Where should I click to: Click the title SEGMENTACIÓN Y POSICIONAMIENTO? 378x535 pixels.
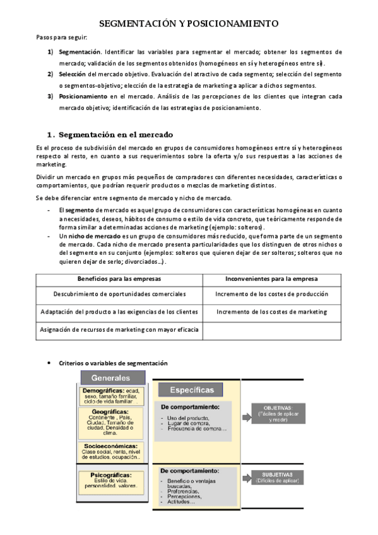[189, 23]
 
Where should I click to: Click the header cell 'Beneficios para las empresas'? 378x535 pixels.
[119, 278]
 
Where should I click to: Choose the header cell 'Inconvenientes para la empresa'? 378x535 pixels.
[271, 278]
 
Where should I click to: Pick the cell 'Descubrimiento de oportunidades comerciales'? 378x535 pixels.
[119, 294]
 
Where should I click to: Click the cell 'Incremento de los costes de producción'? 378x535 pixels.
[271, 294]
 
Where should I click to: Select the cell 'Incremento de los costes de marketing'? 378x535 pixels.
[271, 312]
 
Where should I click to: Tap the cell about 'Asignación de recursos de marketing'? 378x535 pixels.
[119, 329]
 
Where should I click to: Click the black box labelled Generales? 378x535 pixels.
[112, 378]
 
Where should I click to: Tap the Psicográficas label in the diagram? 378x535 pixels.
[111, 474]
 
